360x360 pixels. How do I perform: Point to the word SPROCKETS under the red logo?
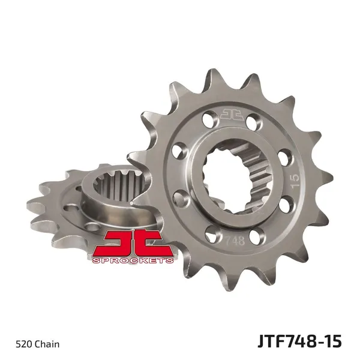coord(133,260)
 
